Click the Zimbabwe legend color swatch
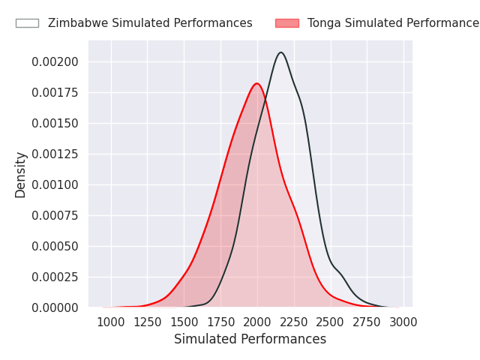pos(27,23)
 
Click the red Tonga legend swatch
pos(286,23)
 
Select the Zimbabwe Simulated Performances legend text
pos(150,23)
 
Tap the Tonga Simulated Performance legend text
pos(393,23)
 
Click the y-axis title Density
pos(21,175)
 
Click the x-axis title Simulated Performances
pos(250,339)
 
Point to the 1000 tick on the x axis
pos(111,322)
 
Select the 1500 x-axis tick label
pos(184,322)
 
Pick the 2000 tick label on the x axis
pos(257,322)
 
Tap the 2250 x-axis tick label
pos(294,322)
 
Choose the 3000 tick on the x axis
pos(403,322)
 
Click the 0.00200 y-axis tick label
pos(55,61)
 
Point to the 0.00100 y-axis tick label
pos(55,184)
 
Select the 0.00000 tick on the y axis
pos(55,307)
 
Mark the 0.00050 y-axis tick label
pos(55,246)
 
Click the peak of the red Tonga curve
pos(256,83)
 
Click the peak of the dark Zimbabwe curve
pos(281,52)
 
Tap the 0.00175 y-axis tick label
pos(55,92)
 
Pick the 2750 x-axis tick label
pos(367,322)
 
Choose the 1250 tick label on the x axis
pos(148,322)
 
